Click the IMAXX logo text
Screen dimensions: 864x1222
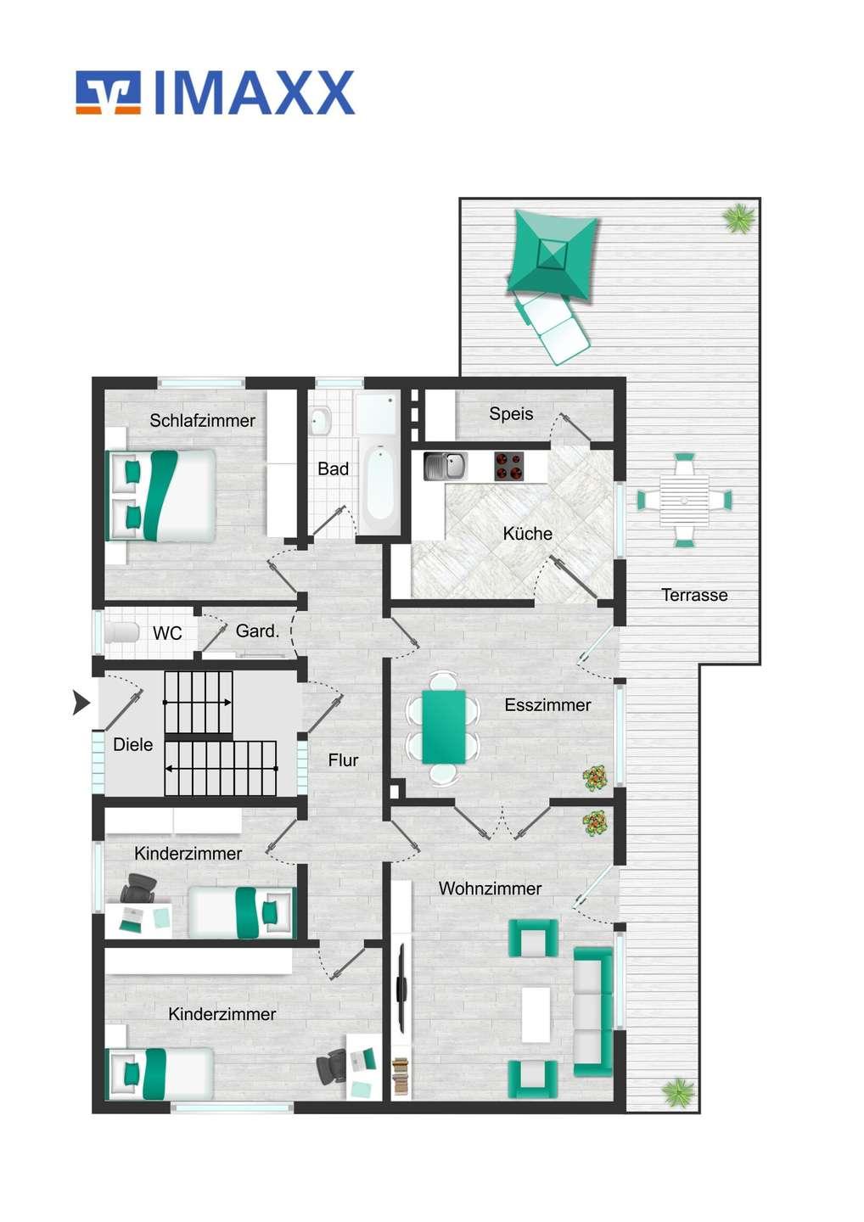(254, 92)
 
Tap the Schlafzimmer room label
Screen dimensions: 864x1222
(202, 421)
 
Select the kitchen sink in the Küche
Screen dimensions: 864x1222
(445, 467)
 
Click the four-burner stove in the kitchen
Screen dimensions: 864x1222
(509, 467)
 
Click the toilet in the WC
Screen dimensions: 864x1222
(122, 633)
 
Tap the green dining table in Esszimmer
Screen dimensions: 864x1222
(443, 728)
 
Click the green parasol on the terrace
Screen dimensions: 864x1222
(553, 255)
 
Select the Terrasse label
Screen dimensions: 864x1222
(693, 595)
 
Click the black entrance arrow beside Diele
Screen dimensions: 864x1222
(81, 703)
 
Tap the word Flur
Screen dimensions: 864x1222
(343, 760)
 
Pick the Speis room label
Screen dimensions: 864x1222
(511, 414)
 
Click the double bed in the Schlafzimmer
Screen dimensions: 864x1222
(160, 496)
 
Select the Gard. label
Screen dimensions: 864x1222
(257, 631)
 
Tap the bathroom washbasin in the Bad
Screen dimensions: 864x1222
(321, 421)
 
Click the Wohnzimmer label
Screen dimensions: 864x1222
(490, 888)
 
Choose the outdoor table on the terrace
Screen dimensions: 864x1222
(684, 500)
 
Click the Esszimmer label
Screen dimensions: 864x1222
(547, 705)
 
